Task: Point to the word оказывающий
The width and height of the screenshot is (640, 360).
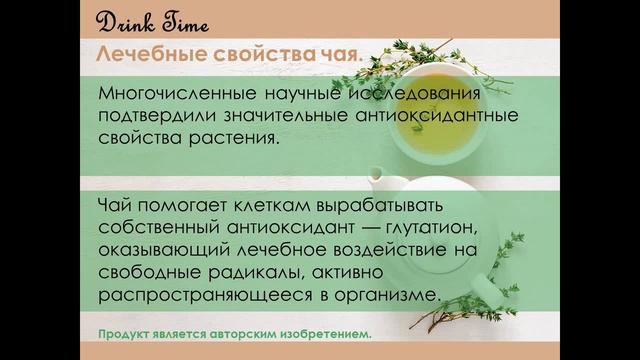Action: [x=160, y=251]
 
